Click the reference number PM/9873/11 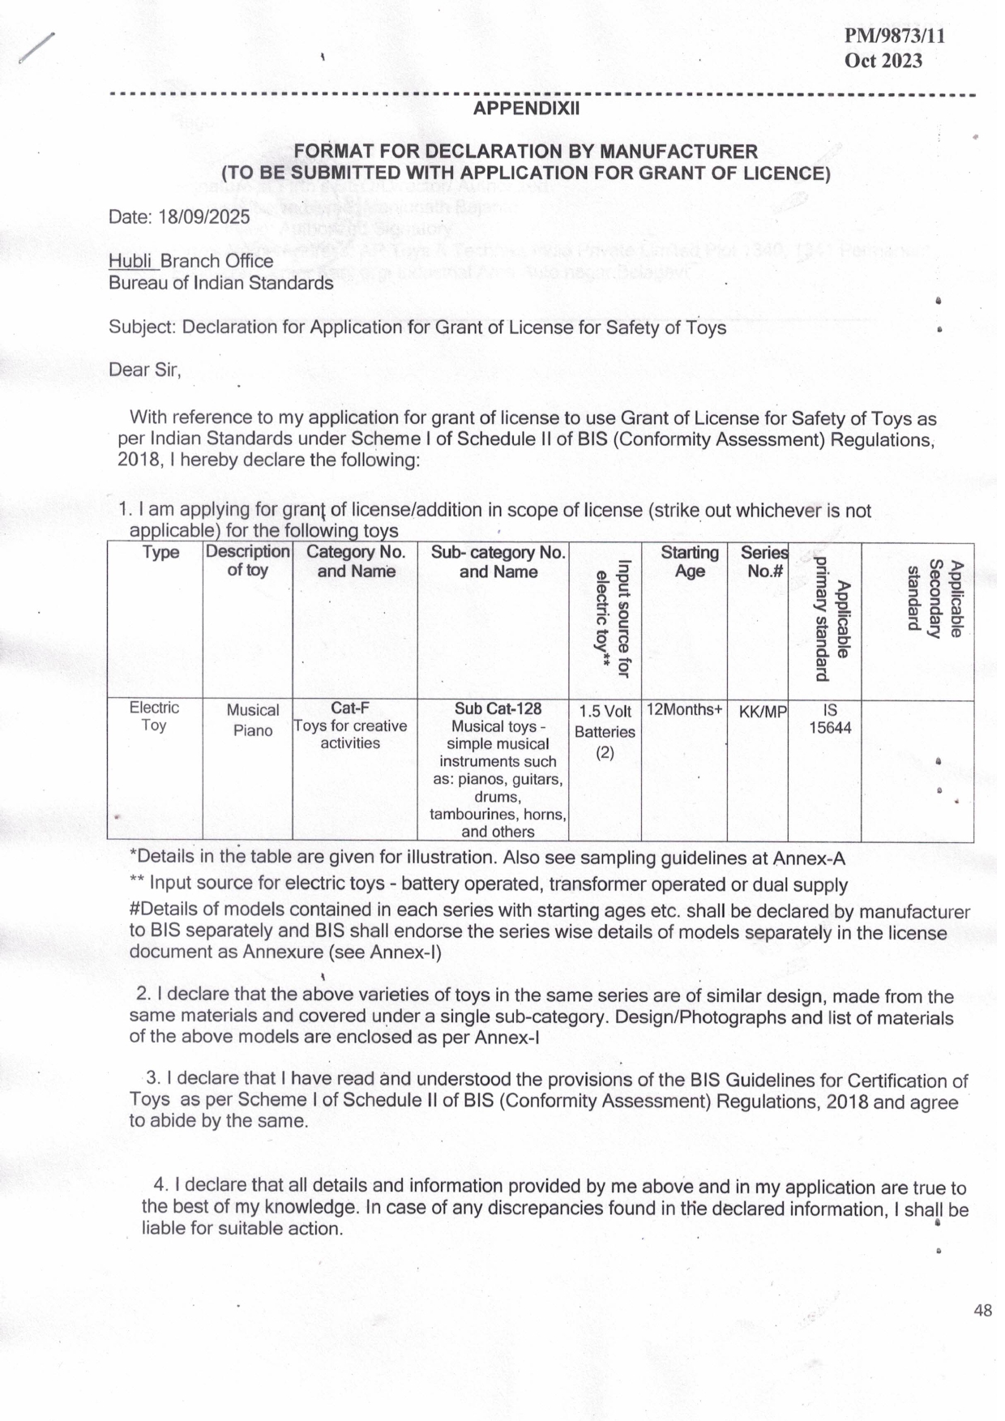tap(894, 36)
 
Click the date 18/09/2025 tap(204, 216)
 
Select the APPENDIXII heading tap(527, 109)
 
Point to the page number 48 tap(983, 1310)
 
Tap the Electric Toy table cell tap(154, 716)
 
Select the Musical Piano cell tap(252, 720)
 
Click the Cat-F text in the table tap(350, 708)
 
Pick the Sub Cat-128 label tap(498, 708)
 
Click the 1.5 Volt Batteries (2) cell tap(605, 731)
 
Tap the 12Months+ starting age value tap(684, 710)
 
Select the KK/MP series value tap(762, 712)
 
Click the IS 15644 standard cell tap(830, 719)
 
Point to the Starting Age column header tap(690, 562)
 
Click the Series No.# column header tap(763, 562)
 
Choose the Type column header tap(160, 553)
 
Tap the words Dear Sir tap(144, 370)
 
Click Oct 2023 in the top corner tap(883, 61)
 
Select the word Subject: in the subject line tap(143, 327)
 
